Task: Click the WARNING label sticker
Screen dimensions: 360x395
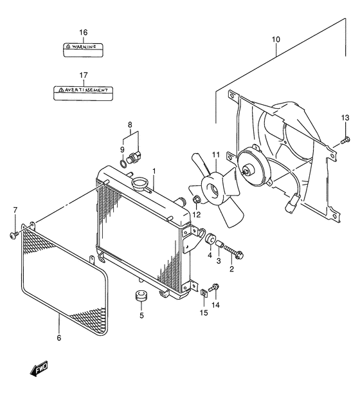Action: click(83, 50)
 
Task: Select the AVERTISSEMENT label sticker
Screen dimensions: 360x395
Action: click(83, 93)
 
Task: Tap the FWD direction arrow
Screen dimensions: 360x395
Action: click(39, 369)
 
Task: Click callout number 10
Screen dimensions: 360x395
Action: click(276, 39)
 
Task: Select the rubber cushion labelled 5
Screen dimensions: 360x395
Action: click(141, 295)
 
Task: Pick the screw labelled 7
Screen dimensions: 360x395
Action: click(14, 235)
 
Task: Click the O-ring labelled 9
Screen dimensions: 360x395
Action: click(123, 164)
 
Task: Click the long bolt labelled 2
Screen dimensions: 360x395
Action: click(233, 251)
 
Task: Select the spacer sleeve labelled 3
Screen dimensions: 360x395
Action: click(219, 244)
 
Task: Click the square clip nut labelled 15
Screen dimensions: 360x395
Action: click(204, 293)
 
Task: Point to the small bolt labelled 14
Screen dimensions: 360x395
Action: click(214, 287)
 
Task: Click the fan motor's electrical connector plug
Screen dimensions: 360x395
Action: click(291, 202)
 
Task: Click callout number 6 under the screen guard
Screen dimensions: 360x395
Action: click(59, 338)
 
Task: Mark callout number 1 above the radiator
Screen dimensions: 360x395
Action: click(154, 171)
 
